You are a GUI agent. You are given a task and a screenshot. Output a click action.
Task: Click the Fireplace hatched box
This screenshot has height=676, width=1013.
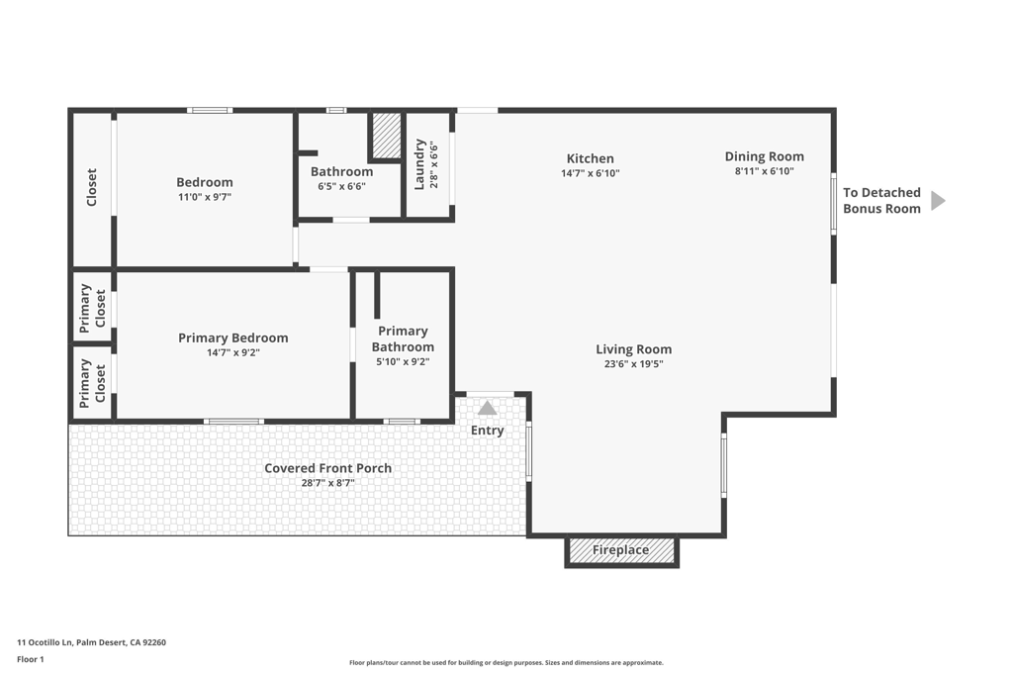[621, 550]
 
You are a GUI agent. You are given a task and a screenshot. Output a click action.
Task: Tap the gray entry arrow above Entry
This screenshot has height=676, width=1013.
[487, 408]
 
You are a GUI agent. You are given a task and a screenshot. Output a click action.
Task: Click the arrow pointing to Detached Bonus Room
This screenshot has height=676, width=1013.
[938, 201]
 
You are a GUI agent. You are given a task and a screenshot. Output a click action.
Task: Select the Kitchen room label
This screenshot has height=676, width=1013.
[591, 158]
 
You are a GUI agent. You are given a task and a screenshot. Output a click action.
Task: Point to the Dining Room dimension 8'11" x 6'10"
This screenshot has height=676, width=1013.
[765, 171]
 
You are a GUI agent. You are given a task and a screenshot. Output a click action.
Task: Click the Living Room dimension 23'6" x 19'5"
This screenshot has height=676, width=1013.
[634, 364]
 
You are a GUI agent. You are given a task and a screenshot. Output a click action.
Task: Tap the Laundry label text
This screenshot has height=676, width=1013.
[419, 164]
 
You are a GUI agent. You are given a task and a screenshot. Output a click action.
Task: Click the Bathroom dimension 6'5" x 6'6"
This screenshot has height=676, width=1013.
[341, 186]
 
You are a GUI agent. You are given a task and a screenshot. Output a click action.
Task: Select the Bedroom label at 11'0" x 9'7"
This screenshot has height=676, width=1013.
[205, 182]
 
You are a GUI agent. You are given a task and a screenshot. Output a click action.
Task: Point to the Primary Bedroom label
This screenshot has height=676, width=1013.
[233, 338]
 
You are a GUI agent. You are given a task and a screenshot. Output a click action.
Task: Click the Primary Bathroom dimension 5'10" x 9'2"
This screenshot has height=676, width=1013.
[404, 362]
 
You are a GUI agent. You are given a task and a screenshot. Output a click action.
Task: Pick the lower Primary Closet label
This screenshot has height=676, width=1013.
[92, 384]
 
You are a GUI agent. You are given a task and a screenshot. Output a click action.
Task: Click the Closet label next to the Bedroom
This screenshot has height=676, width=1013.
[92, 187]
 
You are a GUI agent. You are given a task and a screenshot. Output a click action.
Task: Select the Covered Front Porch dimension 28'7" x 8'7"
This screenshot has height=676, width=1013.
[328, 483]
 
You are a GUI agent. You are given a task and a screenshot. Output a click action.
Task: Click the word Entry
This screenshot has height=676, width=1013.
[487, 431]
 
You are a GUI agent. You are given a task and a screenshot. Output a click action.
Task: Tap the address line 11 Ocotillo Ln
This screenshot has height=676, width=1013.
[91, 642]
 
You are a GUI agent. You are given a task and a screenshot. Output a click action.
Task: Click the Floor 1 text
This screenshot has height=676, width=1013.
[31, 659]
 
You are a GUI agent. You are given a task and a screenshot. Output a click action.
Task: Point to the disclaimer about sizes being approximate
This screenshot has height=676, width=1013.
[506, 662]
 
